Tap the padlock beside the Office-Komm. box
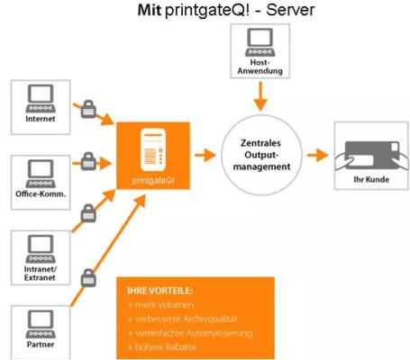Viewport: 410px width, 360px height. tap(88, 162)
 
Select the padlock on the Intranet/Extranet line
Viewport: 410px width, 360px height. tap(88, 214)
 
